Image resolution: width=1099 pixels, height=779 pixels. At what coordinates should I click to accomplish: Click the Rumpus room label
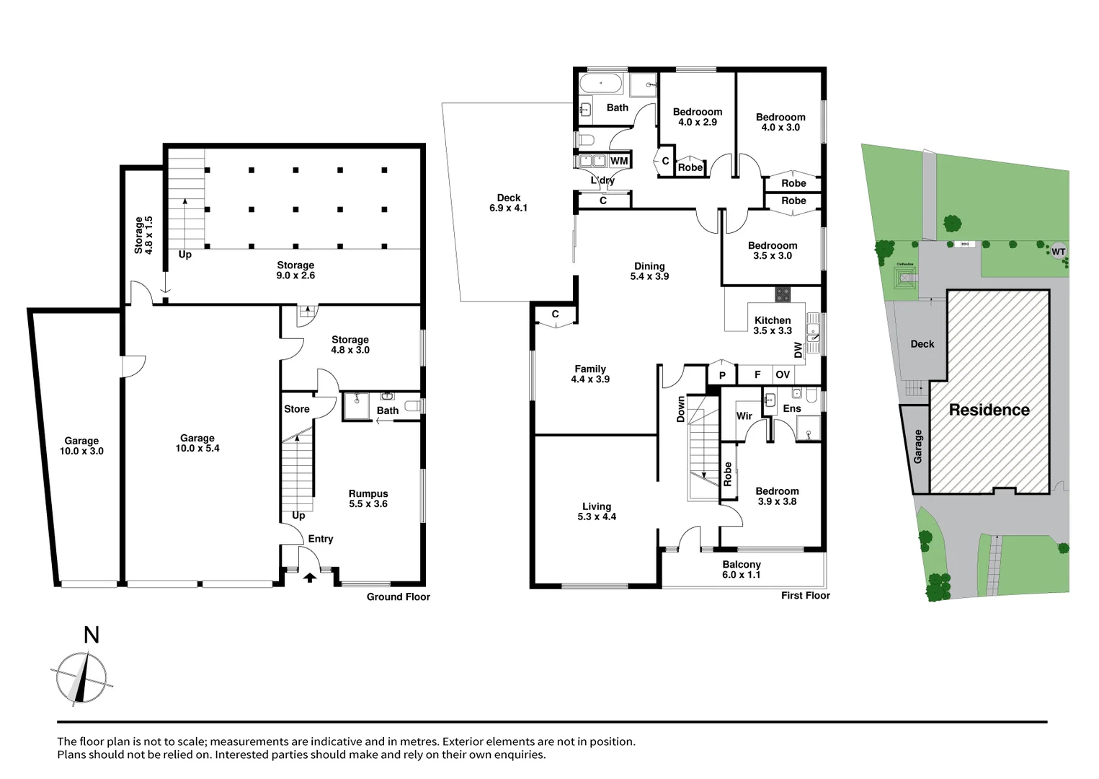[368, 498]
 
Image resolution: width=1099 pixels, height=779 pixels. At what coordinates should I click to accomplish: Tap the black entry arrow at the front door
[310, 577]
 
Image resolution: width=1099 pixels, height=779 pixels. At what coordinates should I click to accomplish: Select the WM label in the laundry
[619, 161]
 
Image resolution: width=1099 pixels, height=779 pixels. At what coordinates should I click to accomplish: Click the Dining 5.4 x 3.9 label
[649, 271]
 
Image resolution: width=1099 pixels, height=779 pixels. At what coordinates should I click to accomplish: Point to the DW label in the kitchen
[798, 350]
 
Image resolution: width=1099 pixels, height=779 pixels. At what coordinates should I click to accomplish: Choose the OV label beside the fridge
[783, 374]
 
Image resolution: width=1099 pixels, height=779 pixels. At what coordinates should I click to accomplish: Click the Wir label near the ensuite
[744, 416]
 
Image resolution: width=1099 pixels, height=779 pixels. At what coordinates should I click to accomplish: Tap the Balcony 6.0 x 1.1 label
[742, 569]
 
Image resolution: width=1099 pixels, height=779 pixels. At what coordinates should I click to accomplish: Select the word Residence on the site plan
[989, 410]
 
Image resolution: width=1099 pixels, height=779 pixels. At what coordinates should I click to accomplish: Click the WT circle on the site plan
[1058, 252]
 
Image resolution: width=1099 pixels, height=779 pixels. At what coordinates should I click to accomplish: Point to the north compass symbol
[81, 677]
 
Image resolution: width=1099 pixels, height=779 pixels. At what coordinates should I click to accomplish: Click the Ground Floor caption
[399, 597]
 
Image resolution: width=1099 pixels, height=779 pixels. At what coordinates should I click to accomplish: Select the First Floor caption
[806, 595]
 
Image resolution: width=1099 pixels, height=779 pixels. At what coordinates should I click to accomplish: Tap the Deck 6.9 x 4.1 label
[509, 203]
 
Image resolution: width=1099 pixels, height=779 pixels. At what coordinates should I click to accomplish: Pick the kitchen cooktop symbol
[783, 294]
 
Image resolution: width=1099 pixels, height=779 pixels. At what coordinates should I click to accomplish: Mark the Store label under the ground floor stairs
[297, 409]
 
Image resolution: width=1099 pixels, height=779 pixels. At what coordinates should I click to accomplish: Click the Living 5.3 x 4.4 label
[597, 511]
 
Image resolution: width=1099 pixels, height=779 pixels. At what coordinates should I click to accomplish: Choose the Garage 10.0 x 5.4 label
[197, 443]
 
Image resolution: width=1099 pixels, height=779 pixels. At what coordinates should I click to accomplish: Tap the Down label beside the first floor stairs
[680, 409]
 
